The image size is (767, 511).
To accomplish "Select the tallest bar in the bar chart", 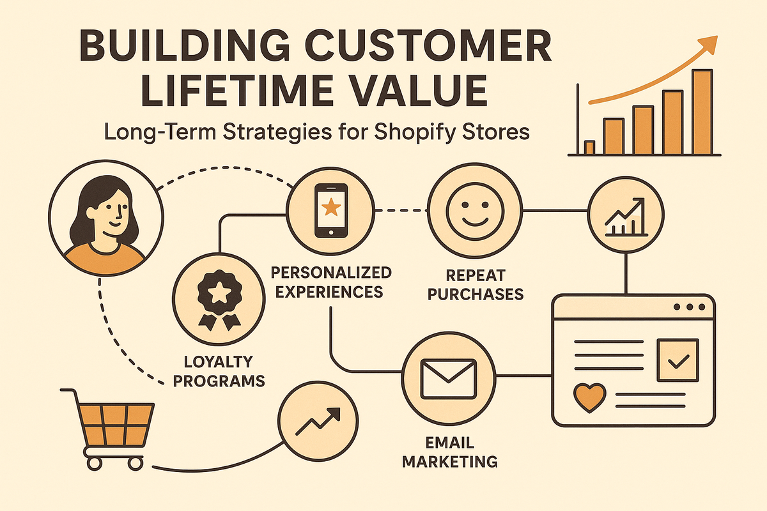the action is (702, 112).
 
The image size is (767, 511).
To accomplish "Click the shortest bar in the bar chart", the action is (589, 148).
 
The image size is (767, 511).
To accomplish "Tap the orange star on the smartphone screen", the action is (331, 207).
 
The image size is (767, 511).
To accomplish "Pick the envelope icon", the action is (449, 379).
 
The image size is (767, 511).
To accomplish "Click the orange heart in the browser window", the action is (589, 398).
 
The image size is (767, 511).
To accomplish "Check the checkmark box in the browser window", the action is (678, 360).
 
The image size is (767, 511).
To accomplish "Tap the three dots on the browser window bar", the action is (689, 307).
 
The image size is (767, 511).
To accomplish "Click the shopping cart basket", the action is (114, 424).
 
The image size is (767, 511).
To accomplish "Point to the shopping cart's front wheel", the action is (136, 464).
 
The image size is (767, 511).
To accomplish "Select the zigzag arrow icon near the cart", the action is (318, 422).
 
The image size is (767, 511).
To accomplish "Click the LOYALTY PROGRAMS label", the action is (219, 371).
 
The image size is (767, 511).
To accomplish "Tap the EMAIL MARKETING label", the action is (449, 452).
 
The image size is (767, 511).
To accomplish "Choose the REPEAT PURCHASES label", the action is (476, 285).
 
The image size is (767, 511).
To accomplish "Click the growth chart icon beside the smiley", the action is (626, 217).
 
